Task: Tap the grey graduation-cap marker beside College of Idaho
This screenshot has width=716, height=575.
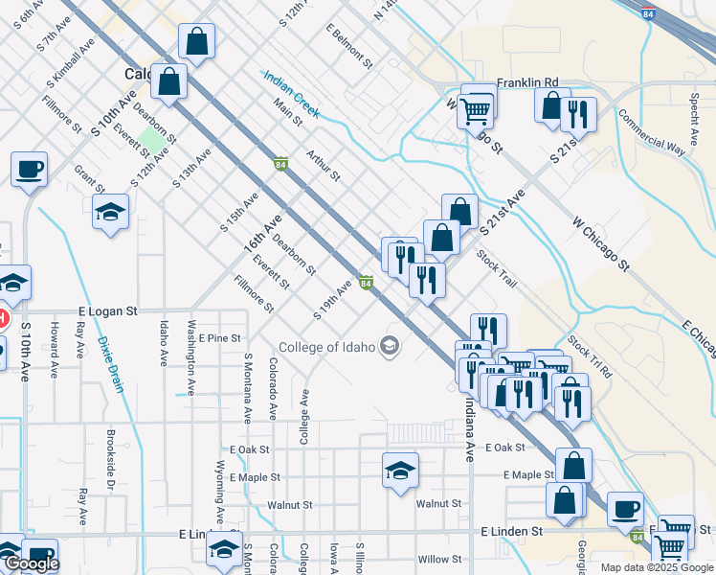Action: (x=390, y=345)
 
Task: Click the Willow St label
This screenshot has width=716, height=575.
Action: (x=440, y=559)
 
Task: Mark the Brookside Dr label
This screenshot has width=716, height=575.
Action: (x=111, y=476)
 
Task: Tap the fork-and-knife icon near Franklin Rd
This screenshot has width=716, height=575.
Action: (x=577, y=114)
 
